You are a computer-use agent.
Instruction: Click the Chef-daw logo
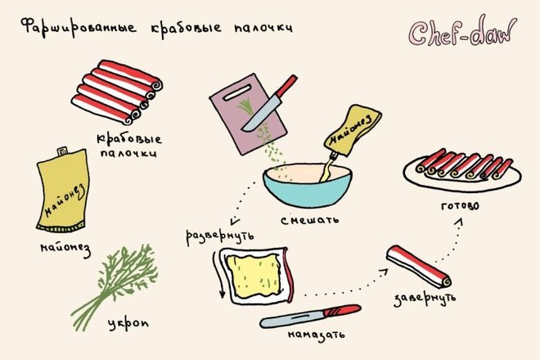click(x=462, y=32)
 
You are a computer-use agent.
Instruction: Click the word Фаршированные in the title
click(x=79, y=27)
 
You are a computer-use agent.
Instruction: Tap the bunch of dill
click(x=115, y=286)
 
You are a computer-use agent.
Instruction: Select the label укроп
click(x=128, y=324)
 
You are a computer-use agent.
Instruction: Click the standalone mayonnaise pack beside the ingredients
click(x=62, y=190)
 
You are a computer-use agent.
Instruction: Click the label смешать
click(x=309, y=220)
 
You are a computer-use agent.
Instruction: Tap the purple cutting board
click(x=248, y=115)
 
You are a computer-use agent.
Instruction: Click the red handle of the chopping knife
click(x=286, y=86)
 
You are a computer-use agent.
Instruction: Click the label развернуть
click(x=220, y=236)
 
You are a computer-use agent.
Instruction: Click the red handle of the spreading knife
click(x=342, y=310)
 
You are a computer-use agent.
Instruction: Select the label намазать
click(x=316, y=335)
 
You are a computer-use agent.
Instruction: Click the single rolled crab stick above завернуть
click(x=418, y=266)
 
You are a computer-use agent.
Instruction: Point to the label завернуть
click(x=425, y=299)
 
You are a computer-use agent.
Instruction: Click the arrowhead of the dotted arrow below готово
click(x=459, y=223)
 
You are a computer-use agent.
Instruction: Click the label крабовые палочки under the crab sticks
click(x=128, y=146)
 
